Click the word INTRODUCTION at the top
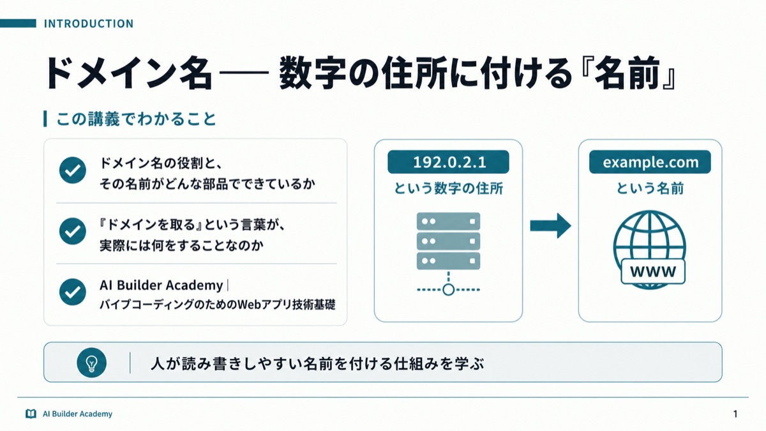[89, 24]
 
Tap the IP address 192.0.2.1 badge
[448, 162]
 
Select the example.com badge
[650, 162]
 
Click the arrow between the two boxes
[550, 226]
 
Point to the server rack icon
[448, 241]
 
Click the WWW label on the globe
[653, 271]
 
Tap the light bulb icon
[92, 363]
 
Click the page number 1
[735, 414]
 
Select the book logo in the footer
[31, 414]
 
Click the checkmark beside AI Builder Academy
[73, 292]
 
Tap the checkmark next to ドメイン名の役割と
[73, 170]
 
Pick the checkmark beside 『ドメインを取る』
[73, 231]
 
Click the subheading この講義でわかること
[136, 119]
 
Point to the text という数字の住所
[448, 188]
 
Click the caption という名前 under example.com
[650, 188]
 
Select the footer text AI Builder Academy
[77, 414]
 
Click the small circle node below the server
[448, 290]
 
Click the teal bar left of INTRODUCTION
[18, 23]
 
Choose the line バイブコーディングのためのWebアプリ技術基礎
[218, 305]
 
